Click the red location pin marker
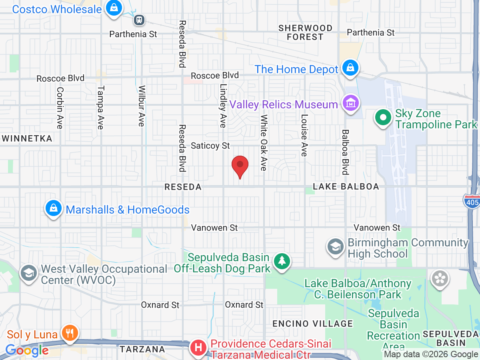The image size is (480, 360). [x=240, y=165]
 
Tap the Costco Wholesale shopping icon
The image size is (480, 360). [x=114, y=8]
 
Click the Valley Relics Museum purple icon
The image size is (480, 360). [x=351, y=104]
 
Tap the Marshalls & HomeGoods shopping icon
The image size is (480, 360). [x=53, y=208]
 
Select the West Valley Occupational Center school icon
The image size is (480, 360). [x=29, y=273]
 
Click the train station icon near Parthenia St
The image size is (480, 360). [x=139, y=19]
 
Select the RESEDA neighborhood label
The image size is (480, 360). [x=183, y=187]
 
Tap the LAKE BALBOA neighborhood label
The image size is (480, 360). [x=346, y=187]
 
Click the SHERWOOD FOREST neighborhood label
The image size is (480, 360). [x=306, y=32]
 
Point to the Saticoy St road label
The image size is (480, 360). [x=210, y=146]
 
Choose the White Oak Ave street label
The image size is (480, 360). [x=264, y=143]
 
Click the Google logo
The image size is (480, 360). [x=27, y=351]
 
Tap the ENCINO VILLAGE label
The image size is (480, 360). [x=312, y=324]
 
